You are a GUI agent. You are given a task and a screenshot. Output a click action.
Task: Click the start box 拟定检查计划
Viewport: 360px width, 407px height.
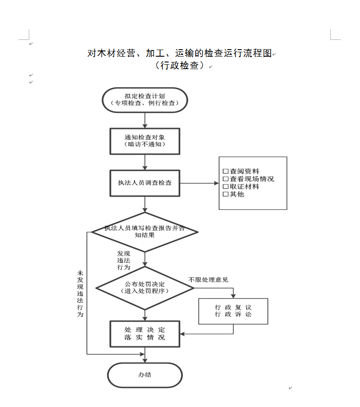[x=145, y=100]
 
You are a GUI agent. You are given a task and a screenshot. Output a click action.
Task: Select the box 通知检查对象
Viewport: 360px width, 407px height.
[x=145, y=141]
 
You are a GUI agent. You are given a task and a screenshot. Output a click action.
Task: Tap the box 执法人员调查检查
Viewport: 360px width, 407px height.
[x=145, y=183]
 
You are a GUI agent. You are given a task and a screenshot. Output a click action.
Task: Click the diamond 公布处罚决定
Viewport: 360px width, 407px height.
[x=145, y=288]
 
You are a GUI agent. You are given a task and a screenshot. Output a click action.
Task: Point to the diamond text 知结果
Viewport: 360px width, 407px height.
[x=144, y=235]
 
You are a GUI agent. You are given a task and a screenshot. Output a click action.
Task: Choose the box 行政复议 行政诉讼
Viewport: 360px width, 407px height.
[x=233, y=311]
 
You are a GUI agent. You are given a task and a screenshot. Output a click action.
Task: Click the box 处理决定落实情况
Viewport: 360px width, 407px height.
[x=145, y=334]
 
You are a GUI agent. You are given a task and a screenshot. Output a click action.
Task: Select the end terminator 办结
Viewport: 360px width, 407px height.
[x=145, y=375]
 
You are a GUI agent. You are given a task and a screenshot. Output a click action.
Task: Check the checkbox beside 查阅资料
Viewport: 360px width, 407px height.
[x=225, y=171]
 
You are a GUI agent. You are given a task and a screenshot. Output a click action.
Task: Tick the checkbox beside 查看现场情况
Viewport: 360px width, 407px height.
[x=225, y=179]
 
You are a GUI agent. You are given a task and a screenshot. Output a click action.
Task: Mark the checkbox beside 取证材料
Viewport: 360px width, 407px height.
[x=225, y=186]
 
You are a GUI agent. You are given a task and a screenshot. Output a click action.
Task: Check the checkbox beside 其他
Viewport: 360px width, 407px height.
[x=225, y=194]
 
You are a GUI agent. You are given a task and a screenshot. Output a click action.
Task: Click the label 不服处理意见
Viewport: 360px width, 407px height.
[x=208, y=279]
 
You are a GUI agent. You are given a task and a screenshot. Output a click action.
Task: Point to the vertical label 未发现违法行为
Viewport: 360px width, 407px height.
[x=80, y=294]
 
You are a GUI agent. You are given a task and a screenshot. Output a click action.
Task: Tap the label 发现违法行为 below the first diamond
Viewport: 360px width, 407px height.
[x=124, y=260]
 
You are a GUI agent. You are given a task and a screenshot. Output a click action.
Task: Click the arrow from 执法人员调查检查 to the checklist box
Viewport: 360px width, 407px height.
[x=199, y=183]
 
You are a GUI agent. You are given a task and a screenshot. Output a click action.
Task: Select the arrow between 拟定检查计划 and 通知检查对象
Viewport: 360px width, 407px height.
[x=145, y=120]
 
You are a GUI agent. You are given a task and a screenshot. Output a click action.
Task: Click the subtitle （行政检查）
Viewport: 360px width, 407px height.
[x=180, y=65]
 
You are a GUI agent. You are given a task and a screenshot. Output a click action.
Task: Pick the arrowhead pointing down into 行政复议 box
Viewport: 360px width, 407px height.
[x=233, y=296]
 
